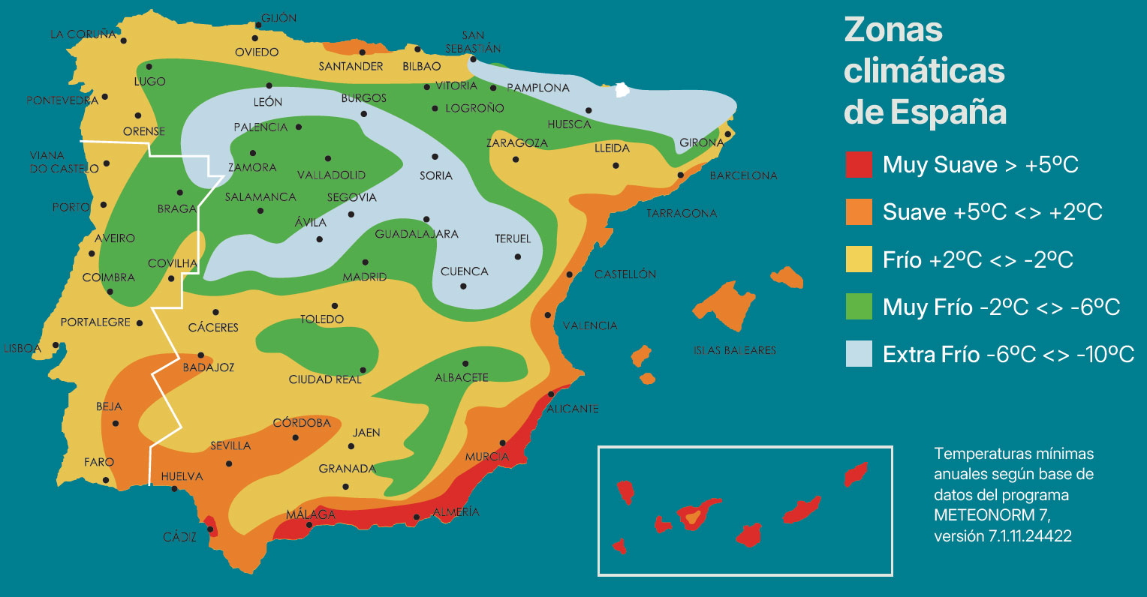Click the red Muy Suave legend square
click(x=859, y=164)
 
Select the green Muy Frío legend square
click(x=859, y=306)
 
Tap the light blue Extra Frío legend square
click(x=859, y=353)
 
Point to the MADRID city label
click(x=365, y=277)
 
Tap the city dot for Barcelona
click(x=681, y=175)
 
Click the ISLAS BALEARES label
click(x=734, y=350)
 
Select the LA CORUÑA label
click(x=83, y=34)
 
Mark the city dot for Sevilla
click(x=229, y=463)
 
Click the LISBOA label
click(x=23, y=348)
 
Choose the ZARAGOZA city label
click(x=516, y=143)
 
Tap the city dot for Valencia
click(x=548, y=315)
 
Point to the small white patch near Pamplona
click(x=622, y=91)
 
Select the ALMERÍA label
click(x=456, y=512)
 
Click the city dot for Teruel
click(x=517, y=256)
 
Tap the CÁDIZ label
click(x=180, y=537)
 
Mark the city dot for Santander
click(x=362, y=52)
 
